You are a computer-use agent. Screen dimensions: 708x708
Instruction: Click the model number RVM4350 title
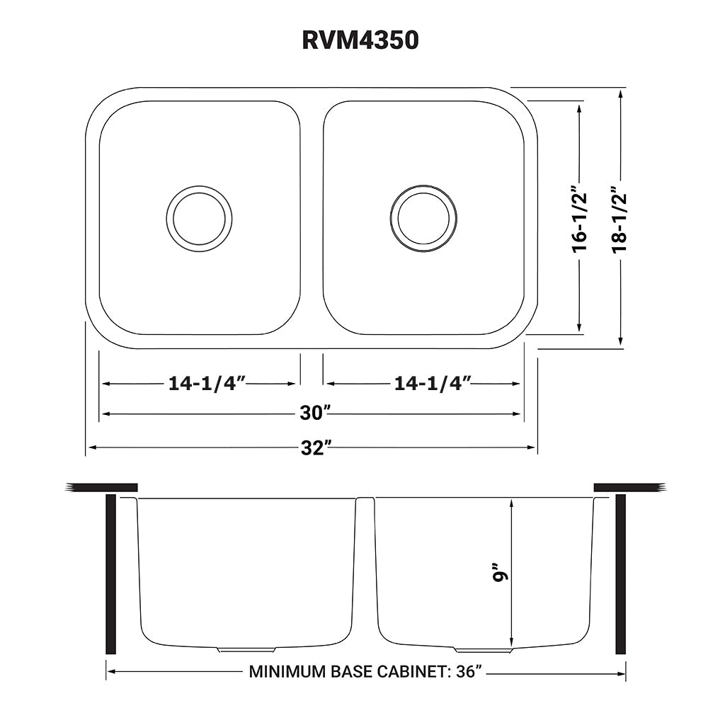360,40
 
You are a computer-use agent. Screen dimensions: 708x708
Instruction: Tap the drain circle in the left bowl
200,218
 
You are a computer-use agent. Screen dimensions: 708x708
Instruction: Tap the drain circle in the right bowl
423,218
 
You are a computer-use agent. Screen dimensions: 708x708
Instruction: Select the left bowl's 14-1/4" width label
206,384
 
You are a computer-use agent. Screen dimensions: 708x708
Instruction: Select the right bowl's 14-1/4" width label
433,384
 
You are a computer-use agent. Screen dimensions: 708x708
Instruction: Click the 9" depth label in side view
501,573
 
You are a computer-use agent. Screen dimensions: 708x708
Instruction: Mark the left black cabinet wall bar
110,574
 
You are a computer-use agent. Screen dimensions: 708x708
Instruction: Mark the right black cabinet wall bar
621,574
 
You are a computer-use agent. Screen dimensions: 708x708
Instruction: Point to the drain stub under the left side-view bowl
246,649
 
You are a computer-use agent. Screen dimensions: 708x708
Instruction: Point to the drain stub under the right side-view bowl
483,649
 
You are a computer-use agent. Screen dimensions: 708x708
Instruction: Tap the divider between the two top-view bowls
312,218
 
